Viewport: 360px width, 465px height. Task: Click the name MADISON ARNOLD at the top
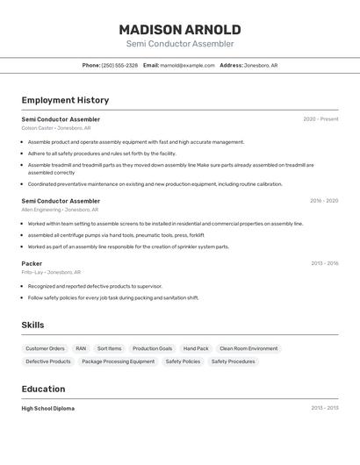[x=179, y=29]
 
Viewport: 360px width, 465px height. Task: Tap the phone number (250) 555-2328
[x=119, y=65]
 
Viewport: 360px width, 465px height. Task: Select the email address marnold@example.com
[x=187, y=65]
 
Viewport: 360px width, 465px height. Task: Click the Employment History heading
[x=65, y=100]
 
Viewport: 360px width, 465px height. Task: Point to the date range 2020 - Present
[x=320, y=119]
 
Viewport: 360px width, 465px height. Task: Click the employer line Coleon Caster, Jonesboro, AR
[x=56, y=128]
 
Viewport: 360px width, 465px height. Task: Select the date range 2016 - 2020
[x=323, y=201]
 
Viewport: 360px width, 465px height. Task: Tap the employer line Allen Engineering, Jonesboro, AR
[x=60, y=210]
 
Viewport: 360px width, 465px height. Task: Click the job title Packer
[x=32, y=263]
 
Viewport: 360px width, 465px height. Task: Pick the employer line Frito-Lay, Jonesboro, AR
[x=51, y=272]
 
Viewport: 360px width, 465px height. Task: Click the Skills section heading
[x=32, y=325]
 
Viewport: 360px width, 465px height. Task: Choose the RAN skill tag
[x=81, y=348]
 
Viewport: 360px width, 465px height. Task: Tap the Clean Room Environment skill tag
[x=248, y=348]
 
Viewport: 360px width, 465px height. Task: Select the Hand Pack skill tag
[x=196, y=348]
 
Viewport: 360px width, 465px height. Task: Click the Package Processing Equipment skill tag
[x=118, y=361]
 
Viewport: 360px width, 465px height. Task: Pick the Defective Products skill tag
[x=48, y=361]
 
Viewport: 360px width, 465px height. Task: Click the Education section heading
[x=43, y=389]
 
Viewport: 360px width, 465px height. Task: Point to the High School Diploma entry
[x=47, y=408]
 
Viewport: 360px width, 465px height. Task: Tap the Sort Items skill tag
[x=109, y=348]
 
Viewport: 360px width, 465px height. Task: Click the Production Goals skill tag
[x=152, y=348]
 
